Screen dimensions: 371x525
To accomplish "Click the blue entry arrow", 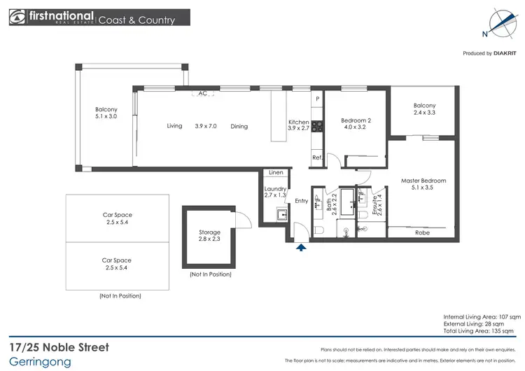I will [x=302, y=246].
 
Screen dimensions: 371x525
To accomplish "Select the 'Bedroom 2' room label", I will [x=356, y=120].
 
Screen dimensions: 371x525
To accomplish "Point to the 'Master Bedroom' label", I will [x=423, y=181].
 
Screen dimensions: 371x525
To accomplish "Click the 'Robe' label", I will [x=422, y=232].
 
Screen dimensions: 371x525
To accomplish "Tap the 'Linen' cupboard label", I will [x=276, y=173].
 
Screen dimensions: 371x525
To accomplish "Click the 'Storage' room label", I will [x=209, y=232].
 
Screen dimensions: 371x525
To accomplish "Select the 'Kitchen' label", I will [x=299, y=122].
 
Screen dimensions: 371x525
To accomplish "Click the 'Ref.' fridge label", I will [x=316, y=157].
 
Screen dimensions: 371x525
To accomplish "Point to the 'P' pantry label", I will [x=317, y=99].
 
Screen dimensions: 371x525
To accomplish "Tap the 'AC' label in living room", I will [x=202, y=93].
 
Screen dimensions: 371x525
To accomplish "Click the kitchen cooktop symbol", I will [x=317, y=127].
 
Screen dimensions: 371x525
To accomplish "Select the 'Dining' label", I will [x=239, y=126].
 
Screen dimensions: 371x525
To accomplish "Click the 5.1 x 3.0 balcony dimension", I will [x=106, y=118].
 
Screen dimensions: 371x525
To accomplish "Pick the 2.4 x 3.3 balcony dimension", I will [x=424, y=113].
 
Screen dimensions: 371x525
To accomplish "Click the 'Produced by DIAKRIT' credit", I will [x=489, y=53].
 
